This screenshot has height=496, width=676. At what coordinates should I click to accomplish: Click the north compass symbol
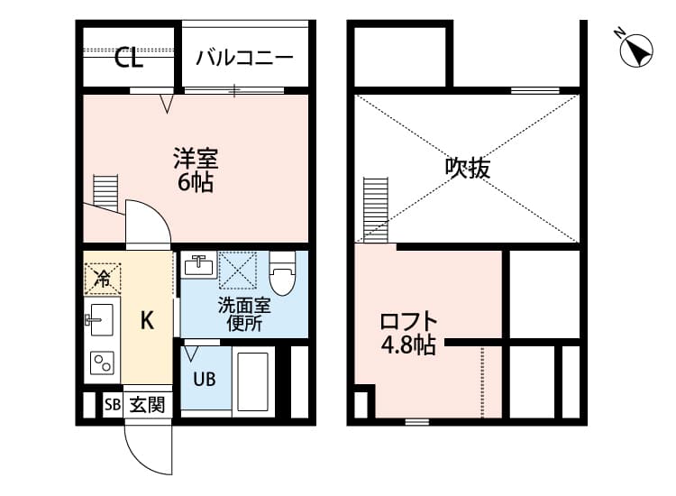click(636, 50)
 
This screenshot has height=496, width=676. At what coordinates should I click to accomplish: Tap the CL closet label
click(129, 60)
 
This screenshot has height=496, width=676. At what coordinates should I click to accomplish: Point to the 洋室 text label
click(195, 160)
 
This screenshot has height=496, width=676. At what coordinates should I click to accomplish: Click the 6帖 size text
click(195, 183)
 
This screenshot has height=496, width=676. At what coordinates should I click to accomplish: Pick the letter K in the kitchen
click(147, 319)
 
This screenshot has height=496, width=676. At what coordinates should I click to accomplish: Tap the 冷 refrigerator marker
click(103, 278)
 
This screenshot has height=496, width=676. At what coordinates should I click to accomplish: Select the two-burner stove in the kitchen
click(102, 363)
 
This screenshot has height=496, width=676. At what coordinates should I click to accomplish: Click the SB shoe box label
click(112, 405)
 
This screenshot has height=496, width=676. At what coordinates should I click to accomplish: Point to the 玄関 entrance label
click(146, 405)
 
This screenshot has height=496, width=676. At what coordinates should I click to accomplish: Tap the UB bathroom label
click(204, 379)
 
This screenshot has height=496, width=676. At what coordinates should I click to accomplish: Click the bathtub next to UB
click(254, 379)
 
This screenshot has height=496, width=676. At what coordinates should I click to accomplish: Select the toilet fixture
click(282, 275)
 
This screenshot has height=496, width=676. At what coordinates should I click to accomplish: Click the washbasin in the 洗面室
click(199, 266)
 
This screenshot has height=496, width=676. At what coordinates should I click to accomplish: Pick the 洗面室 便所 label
click(244, 315)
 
